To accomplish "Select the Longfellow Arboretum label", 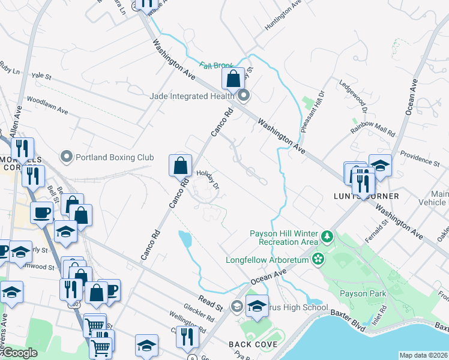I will click(x=267, y=260).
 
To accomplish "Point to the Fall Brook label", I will click(x=217, y=65).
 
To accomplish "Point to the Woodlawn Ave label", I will click(x=47, y=106).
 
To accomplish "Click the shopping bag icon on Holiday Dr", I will click(x=180, y=164).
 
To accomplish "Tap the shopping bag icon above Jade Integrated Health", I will click(x=233, y=78).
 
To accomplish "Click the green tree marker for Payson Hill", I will click(x=327, y=236).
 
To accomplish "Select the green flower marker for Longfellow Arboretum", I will click(x=318, y=260).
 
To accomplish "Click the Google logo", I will click(x=20, y=353).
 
